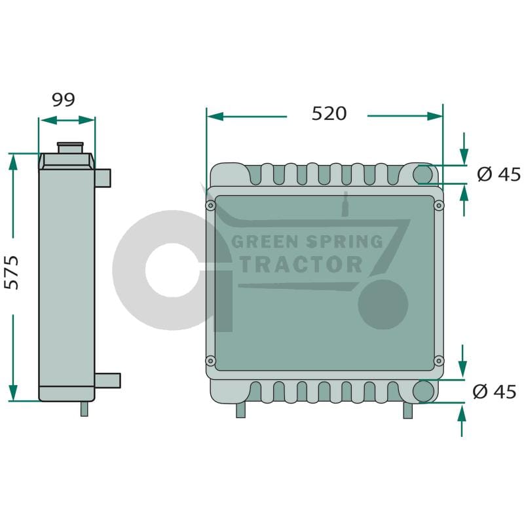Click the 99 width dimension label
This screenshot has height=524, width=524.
point(64,100)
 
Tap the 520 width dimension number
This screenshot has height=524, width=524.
point(329,113)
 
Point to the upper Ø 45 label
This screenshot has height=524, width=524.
point(498,174)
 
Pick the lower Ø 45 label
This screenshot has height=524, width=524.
point(495,391)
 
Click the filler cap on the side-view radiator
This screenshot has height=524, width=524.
point(70,148)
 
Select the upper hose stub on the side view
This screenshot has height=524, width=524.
point(103,178)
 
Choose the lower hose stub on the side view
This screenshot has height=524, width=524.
point(107,381)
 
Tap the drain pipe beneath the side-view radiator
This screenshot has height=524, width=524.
point(84,409)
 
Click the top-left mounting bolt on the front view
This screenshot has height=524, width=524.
point(210,205)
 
